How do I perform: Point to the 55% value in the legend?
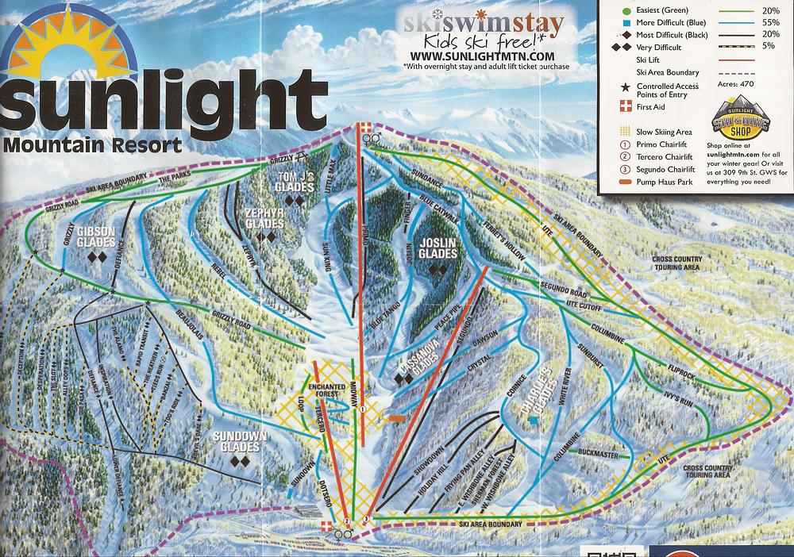(770, 24)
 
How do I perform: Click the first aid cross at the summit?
(364, 128)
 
